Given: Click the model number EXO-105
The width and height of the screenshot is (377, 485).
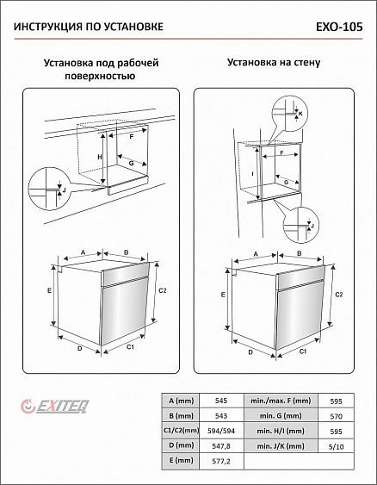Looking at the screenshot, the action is point(339,27).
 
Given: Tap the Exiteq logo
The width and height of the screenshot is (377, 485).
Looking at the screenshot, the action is point(55,406).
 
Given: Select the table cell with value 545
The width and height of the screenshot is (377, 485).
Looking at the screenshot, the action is point(221,401).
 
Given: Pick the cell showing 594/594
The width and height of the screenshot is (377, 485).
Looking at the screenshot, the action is point(221,431).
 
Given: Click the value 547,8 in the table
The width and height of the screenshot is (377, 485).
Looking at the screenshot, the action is point(221,445).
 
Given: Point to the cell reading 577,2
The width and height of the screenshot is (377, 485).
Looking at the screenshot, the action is point(221,462).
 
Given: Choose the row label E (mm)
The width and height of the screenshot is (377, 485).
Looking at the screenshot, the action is point(181,461).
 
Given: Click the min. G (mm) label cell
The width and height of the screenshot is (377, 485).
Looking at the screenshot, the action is point(281,416).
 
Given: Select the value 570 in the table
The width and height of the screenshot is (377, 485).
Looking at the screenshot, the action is point(336,416).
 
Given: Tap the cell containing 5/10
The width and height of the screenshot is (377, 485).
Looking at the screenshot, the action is point(336,446).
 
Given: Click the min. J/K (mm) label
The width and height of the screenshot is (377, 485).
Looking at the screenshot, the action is point(281,446).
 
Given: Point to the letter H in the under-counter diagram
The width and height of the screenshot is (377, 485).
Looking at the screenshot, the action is point(100,157).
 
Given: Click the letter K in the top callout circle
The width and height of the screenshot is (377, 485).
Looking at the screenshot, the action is point(300,114).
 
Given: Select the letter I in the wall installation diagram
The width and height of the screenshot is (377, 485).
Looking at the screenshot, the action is point(252,174).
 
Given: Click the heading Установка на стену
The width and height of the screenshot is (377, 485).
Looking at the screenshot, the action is point(274,63).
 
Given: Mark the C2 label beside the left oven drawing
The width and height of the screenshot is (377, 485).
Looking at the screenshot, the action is point(163,290).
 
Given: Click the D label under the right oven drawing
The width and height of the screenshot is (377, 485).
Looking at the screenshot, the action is point(250,352).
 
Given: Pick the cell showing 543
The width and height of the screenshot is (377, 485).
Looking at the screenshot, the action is point(221,416).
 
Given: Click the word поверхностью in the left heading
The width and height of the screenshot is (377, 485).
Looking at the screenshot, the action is point(100,76).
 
